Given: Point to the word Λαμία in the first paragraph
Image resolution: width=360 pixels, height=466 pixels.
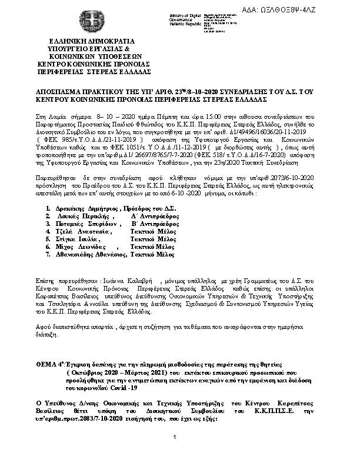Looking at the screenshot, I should [55, 109].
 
